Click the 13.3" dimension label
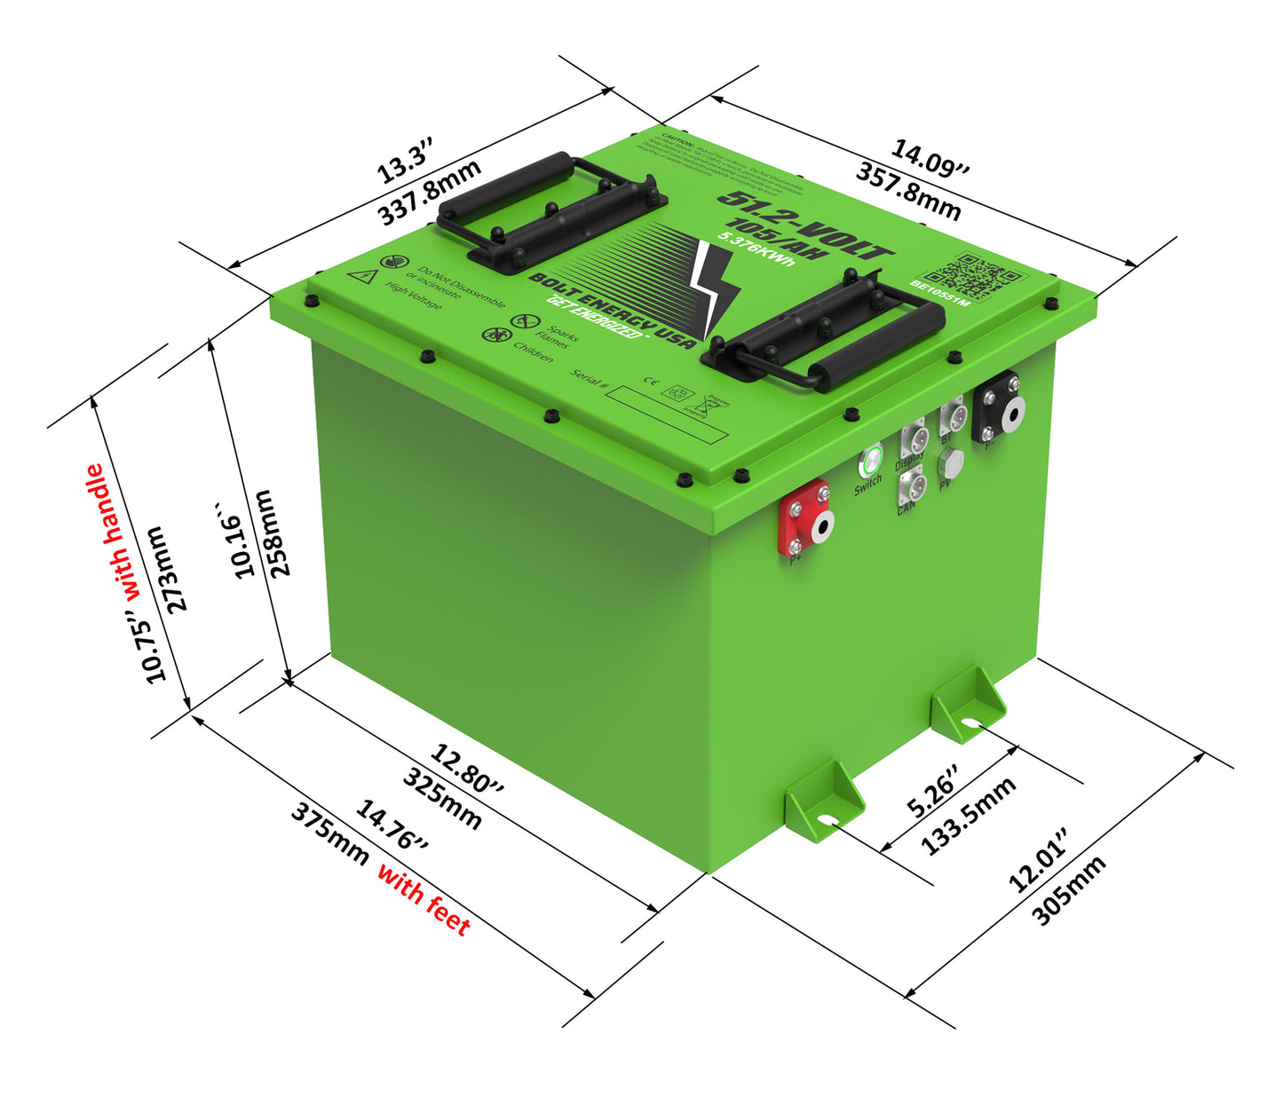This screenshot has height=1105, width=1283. click(x=404, y=161)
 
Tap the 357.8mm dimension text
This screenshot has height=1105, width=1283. click(x=907, y=191)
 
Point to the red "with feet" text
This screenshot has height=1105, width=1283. click(x=424, y=898)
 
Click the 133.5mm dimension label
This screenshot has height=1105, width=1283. click(x=968, y=816)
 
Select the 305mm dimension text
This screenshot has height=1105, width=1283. click(x=1069, y=890)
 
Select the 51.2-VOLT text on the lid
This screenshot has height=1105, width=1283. click(x=804, y=225)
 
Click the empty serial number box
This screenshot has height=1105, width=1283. click(x=666, y=409)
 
